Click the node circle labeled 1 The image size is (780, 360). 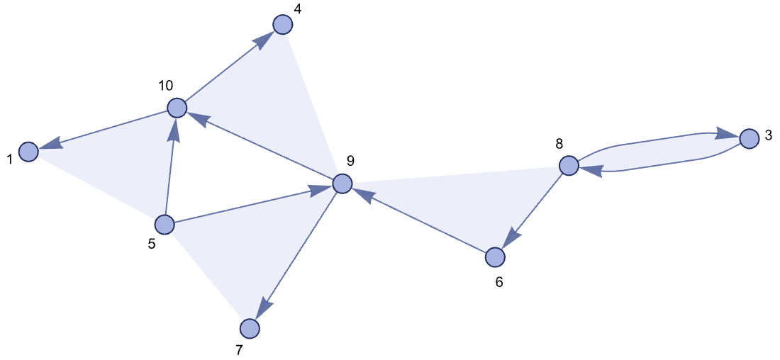28,152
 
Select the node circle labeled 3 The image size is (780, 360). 749,138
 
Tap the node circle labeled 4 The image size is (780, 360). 283,24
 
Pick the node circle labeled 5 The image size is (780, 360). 165,225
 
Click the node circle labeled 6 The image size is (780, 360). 495,257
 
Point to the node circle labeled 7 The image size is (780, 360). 250,328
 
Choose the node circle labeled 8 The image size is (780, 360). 569,166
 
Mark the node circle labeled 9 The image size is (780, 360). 342,184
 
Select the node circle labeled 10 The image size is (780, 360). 177,108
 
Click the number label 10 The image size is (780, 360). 165,86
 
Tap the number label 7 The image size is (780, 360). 239,350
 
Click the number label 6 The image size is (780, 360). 498,282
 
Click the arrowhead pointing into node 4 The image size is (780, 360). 264,40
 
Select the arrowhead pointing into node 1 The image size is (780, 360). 49,145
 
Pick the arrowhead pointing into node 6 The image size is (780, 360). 511,238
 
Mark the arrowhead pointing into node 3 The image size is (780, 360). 726,134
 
